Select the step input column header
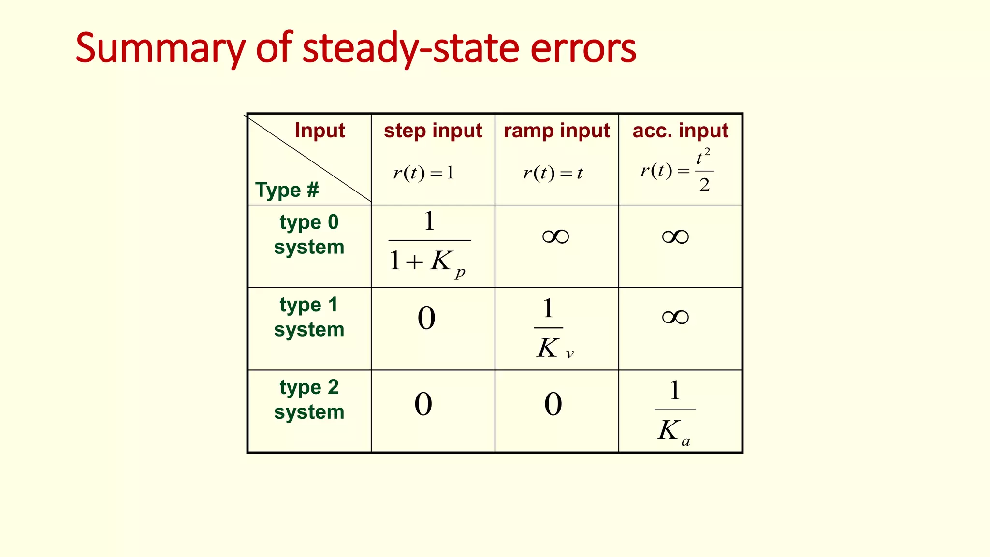pos(433,131)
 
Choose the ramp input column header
pos(556,131)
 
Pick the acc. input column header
pos(680,131)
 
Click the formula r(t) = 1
pos(424,173)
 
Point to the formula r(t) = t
pos(553,173)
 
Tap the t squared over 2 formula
pos(677,171)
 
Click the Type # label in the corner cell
pos(287,190)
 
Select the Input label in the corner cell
pos(320,131)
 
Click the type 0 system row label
pos(309,235)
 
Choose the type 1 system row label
pos(309,317)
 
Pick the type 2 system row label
pos(309,400)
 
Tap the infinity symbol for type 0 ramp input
pos(555,236)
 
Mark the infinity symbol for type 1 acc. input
pos(675,317)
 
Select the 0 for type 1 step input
pos(426,318)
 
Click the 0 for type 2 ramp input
pos(553,404)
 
